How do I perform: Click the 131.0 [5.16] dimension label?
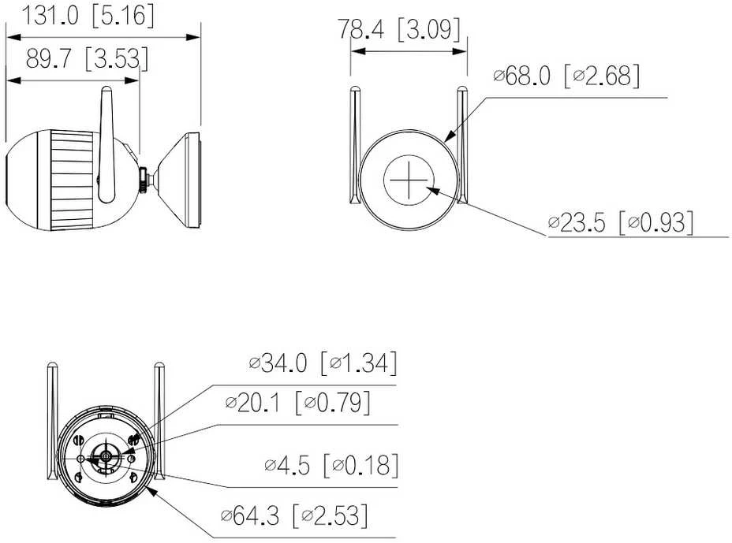pyautogui.click(x=88, y=15)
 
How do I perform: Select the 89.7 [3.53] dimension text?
pyautogui.click(x=87, y=59)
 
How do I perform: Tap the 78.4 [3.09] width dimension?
pyautogui.click(x=398, y=29)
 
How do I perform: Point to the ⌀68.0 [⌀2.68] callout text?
pyautogui.click(x=566, y=76)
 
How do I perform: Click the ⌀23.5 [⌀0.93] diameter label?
pyautogui.click(x=621, y=222)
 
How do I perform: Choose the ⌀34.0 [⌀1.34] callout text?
pyautogui.click(x=323, y=363)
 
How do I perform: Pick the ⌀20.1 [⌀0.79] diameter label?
pyautogui.click(x=298, y=403)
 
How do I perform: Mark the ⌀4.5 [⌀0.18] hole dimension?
pyautogui.click(x=331, y=465)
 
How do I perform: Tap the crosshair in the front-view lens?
pyautogui.click(x=409, y=180)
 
